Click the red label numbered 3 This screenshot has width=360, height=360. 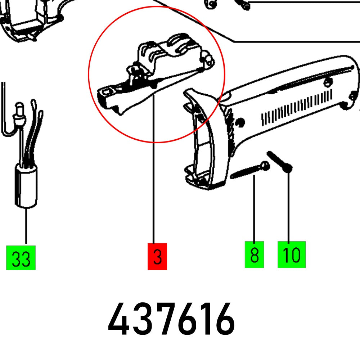point(157,256)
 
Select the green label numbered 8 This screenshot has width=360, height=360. point(254,255)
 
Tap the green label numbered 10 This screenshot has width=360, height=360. point(291,255)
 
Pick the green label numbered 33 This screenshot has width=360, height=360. point(21,258)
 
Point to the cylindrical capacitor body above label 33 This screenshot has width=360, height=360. point(26,189)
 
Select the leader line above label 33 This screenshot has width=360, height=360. point(26,227)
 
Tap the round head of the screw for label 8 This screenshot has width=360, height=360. point(265,165)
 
